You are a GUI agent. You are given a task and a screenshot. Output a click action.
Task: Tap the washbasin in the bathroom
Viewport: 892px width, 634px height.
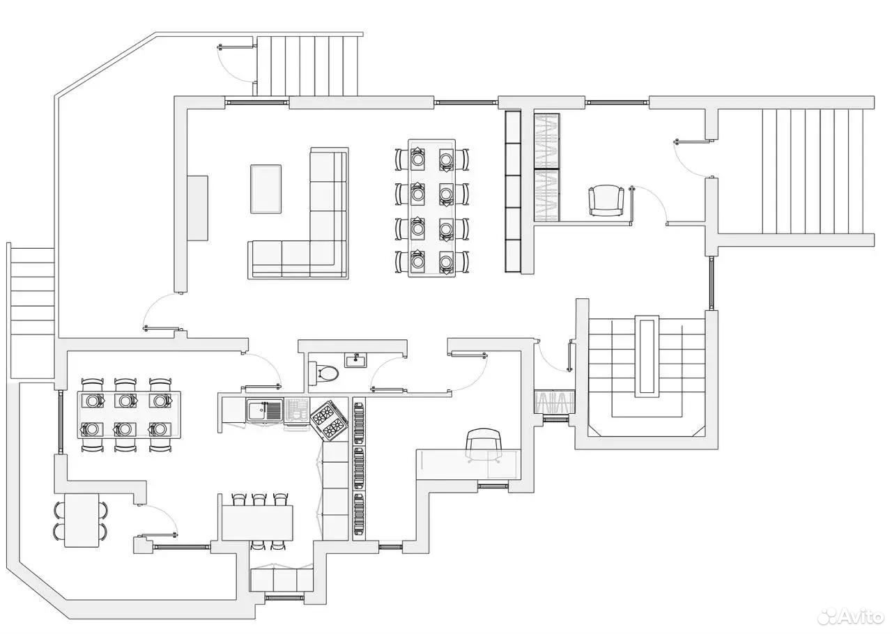point(356,361)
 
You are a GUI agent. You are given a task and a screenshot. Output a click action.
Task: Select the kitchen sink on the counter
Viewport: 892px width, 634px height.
point(264,410)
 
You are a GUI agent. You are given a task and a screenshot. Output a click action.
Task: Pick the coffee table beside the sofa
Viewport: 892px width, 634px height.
point(266,190)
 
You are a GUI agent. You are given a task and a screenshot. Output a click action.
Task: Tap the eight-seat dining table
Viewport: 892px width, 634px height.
point(431,208)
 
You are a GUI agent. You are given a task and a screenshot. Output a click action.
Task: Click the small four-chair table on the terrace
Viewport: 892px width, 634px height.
point(82,520)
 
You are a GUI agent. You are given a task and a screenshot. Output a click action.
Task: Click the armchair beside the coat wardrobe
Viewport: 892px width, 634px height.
point(606,201)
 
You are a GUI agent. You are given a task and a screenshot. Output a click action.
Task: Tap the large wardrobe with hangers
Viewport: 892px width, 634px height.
point(547,167)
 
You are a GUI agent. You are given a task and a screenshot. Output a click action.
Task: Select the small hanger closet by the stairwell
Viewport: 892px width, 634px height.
point(554,402)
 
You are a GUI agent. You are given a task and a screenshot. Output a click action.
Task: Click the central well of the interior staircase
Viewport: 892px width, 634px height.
point(647,357)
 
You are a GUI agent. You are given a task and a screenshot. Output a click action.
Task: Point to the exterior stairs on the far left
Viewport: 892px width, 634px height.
point(32,312)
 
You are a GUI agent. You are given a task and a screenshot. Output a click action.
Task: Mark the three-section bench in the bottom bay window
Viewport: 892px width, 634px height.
point(282,580)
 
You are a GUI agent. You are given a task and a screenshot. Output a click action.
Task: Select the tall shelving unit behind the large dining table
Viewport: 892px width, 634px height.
point(513,192)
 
